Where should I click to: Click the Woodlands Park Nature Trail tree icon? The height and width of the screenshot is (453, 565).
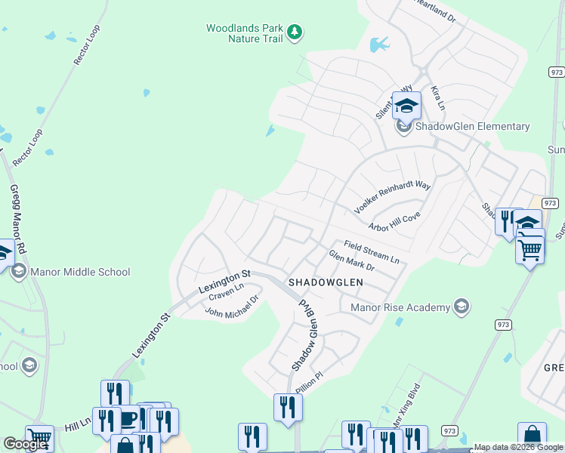click(x=295, y=32)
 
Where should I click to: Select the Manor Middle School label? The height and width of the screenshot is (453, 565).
click(x=81, y=272)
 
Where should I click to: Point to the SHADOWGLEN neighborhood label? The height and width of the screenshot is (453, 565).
click(x=326, y=282)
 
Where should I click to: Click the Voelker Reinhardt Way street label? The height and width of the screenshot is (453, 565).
click(x=393, y=196)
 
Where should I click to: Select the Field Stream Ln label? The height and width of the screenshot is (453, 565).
click(x=371, y=252)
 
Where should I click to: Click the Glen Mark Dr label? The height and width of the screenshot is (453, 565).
click(x=351, y=261)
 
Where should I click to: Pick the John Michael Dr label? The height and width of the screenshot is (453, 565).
click(x=232, y=307)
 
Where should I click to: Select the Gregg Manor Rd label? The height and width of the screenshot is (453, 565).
click(x=18, y=220)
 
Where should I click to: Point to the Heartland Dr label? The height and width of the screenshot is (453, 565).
click(x=437, y=13)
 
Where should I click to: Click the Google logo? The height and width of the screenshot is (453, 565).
click(x=25, y=445)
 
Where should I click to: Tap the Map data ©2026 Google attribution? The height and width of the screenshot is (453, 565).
click(x=518, y=448)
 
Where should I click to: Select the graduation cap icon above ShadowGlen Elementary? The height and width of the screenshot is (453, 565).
click(x=406, y=106)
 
